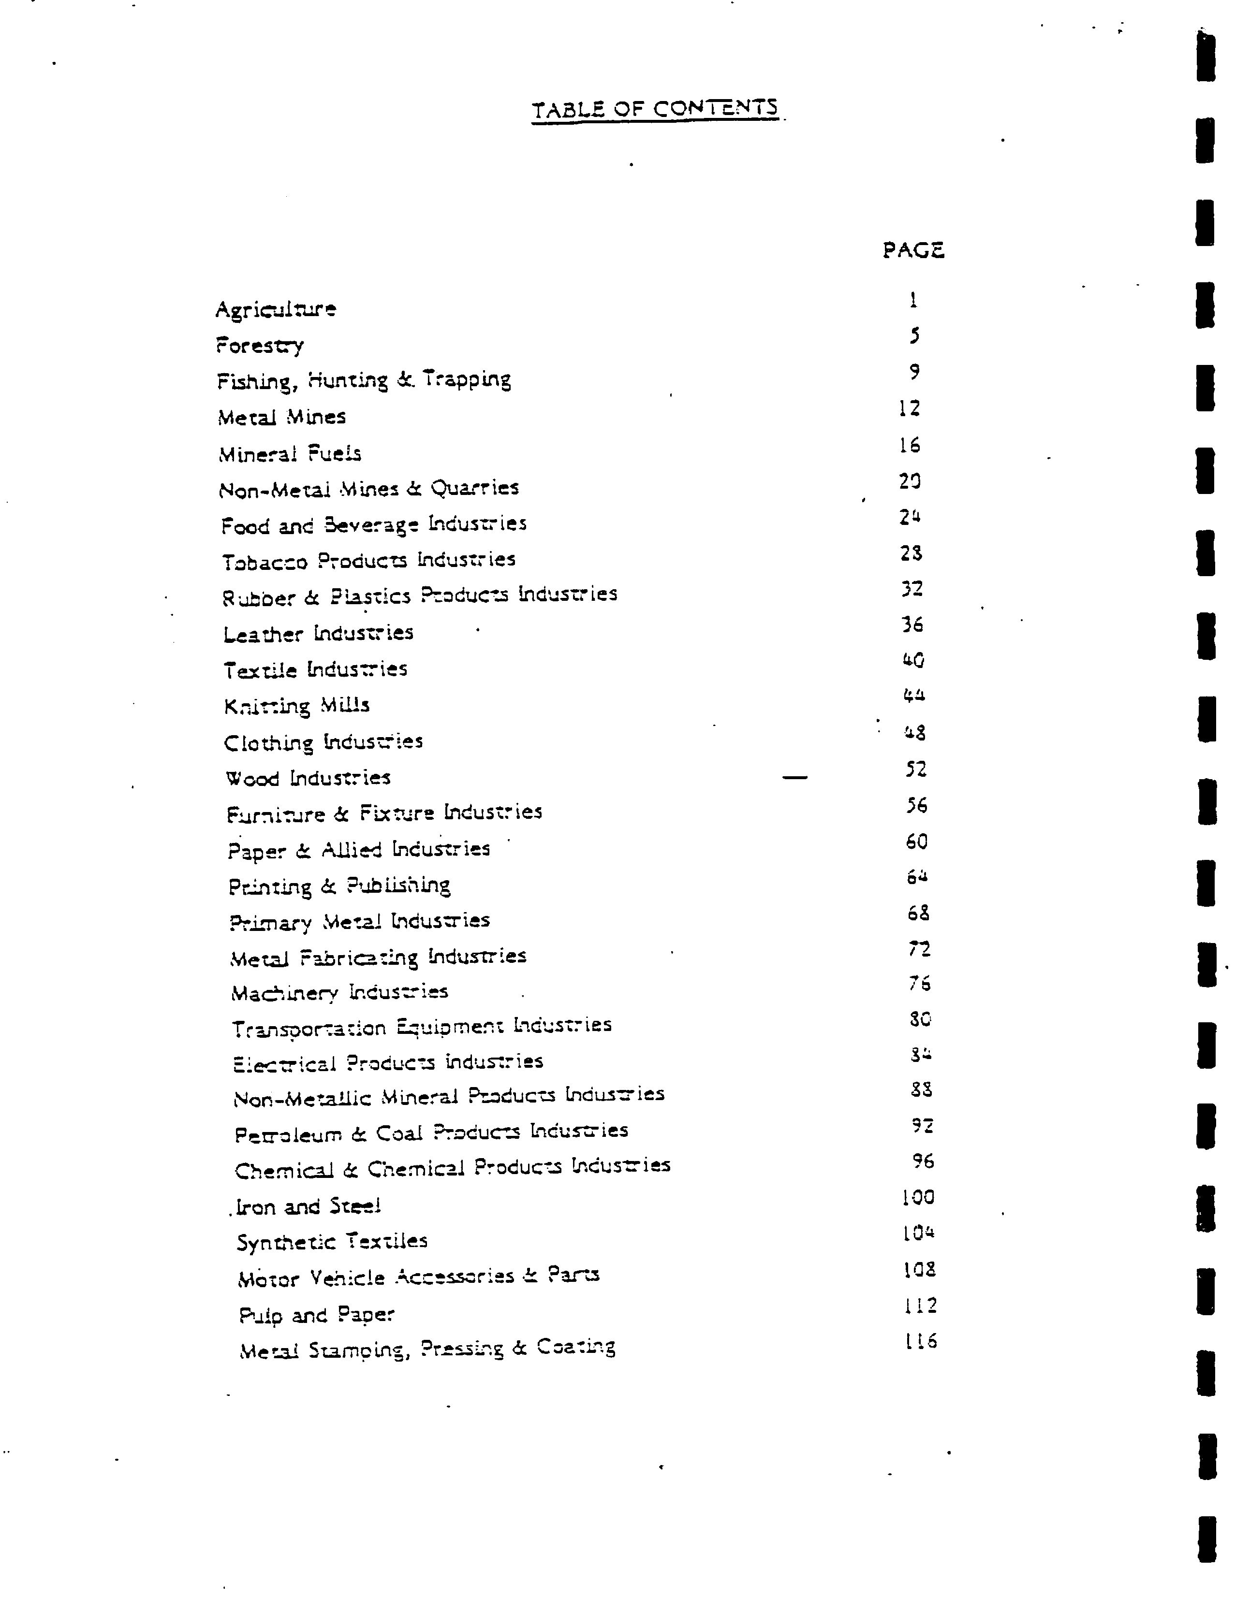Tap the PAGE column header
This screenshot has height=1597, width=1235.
point(913,251)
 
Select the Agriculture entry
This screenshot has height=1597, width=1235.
point(276,309)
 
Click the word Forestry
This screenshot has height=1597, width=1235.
point(260,345)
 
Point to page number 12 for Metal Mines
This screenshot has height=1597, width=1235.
point(910,408)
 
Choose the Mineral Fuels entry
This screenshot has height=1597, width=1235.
point(290,454)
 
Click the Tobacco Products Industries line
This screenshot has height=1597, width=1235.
point(369,561)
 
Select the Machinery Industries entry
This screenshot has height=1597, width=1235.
point(339,992)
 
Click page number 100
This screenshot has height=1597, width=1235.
point(918,1197)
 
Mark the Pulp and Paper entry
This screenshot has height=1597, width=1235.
point(317,1315)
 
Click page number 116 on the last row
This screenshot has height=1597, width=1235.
point(920,1341)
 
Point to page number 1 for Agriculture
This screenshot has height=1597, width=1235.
point(913,300)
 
